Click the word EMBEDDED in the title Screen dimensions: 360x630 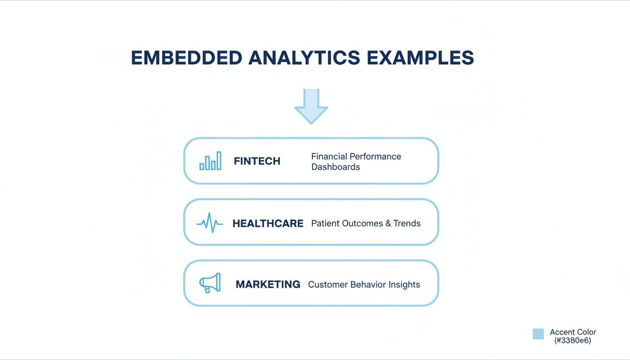point(187,58)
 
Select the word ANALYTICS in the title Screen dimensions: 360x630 point(304,58)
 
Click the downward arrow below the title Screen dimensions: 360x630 point(311,106)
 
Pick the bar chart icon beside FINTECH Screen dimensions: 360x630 point(210,161)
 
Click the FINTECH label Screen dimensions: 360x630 point(257,161)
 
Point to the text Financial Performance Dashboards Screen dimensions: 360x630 point(356,161)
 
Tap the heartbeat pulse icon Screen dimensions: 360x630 point(210,223)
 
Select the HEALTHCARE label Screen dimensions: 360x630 point(268,224)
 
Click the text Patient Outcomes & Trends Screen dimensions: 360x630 point(366,224)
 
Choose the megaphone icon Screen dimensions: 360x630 point(210,283)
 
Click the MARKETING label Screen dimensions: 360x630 point(268,285)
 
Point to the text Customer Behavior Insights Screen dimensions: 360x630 point(364,285)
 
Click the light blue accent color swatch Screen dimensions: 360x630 point(538,334)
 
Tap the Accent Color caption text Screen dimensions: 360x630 point(573,332)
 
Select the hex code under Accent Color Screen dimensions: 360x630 point(572,341)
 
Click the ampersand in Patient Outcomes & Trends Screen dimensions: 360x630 point(388,224)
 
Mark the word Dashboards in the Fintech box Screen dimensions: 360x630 point(336,167)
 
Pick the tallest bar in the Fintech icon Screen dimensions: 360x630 point(218,160)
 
